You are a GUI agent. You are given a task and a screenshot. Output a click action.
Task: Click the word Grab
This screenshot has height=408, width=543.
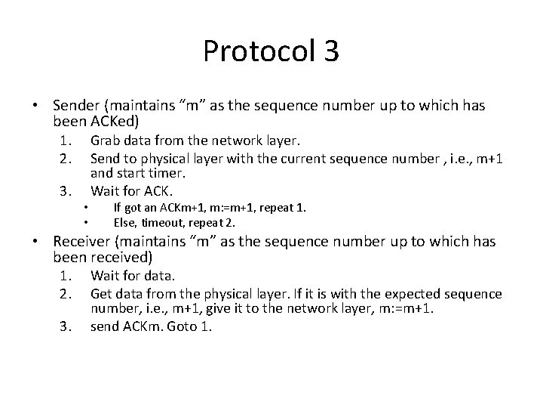[x=104, y=141]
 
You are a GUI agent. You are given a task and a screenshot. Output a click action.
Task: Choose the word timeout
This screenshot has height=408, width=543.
[x=157, y=222]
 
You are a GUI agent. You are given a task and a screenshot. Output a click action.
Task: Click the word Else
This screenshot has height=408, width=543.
[x=124, y=222]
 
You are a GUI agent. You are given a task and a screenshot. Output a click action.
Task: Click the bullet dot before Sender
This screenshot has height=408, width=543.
[x=35, y=105]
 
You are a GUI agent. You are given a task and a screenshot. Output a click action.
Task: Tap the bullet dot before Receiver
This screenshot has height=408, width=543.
[x=35, y=243]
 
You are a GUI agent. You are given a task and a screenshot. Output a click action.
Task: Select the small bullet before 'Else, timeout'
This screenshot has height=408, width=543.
[x=87, y=222]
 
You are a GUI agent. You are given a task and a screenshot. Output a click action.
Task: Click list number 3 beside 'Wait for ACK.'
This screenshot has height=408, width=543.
[x=66, y=190]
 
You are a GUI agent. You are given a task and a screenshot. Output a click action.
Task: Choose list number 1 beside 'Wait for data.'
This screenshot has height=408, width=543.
[x=66, y=277]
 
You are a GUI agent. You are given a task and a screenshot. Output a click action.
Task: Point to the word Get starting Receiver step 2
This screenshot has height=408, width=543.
[x=101, y=293]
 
